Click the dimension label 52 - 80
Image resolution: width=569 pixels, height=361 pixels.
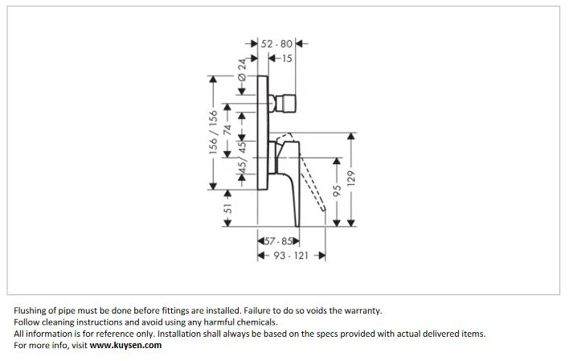276,44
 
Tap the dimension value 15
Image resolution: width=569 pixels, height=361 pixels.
287,58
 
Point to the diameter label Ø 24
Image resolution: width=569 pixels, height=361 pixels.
242,70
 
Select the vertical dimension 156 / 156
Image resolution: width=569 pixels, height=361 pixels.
213,132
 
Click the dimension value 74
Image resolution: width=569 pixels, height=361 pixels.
227,130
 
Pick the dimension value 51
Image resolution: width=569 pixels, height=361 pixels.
227,208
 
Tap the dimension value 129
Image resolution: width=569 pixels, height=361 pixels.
351,178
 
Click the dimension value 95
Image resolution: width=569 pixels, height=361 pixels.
337,191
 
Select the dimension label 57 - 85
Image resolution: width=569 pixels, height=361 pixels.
278,241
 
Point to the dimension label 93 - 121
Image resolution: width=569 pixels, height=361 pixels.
291,256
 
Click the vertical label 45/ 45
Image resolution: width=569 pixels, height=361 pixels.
242,157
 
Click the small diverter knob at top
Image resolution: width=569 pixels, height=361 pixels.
285,104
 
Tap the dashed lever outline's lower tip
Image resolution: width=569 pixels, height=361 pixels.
323,210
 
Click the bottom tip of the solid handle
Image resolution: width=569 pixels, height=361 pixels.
297,226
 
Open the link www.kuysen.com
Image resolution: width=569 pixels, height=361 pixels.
125,345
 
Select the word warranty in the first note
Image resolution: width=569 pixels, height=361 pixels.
363,311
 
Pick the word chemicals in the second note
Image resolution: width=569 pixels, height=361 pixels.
257,322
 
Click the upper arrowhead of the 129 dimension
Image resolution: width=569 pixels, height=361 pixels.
351,137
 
